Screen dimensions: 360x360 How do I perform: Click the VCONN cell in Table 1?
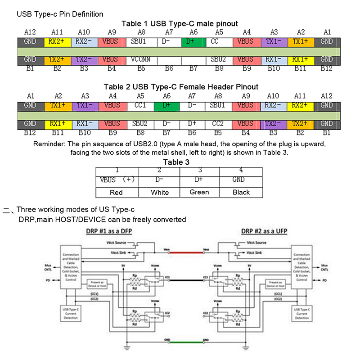[140, 59]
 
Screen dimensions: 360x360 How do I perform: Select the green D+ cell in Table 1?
[193, 42]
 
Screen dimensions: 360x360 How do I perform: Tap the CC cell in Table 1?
[220, 42]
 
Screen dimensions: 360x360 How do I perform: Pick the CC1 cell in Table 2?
[140, 105]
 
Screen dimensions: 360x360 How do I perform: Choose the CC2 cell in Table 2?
[220, 123]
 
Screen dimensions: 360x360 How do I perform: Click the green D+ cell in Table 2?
[167, 105]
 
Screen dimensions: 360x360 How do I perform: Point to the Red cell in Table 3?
[117, 192]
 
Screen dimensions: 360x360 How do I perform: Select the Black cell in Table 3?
[241, 192]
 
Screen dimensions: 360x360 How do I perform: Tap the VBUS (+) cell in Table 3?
[117, 180]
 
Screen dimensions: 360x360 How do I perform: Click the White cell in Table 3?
[160, 192]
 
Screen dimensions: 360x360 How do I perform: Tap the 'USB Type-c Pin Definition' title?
[60, 14]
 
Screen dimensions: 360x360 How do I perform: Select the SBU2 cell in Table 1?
[220, 59]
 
